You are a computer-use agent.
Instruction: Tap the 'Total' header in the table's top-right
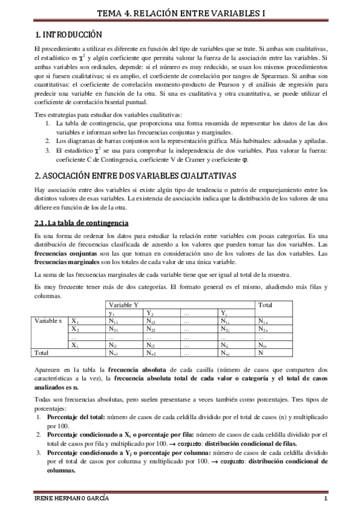[265, 305]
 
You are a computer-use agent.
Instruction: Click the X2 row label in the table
[75, 329]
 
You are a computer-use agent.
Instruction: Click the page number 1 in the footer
[325, 500]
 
